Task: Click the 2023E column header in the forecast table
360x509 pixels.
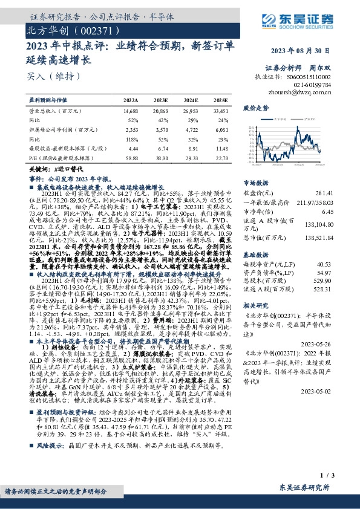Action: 160,99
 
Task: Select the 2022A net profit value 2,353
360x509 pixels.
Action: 131,129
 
